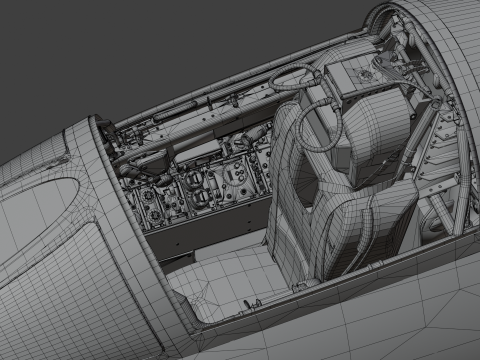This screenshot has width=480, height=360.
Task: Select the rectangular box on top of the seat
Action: point(352,75)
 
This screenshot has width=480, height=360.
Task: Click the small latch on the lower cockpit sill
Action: point(298,286)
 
